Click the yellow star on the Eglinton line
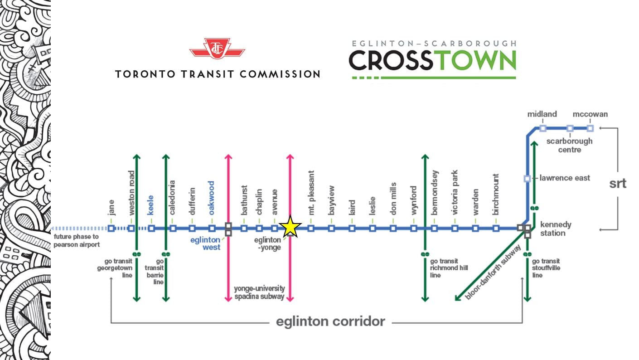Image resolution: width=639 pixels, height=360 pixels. point(290,227)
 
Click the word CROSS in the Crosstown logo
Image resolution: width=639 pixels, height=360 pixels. point(391,60)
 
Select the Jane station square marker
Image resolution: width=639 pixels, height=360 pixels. point(111,229)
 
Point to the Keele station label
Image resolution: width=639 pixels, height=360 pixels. point(150,205)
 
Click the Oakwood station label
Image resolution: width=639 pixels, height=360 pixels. point(211,198)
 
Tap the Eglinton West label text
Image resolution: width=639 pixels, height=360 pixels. point(205,243)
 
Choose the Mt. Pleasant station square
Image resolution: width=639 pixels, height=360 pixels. point(311,229)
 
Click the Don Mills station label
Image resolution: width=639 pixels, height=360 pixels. point(393,199)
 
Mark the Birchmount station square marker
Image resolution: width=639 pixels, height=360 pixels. point(496,229)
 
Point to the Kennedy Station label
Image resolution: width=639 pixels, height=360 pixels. point(556,229)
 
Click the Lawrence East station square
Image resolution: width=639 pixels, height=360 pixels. point(527,179)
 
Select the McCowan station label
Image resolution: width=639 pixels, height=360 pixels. point(590,114)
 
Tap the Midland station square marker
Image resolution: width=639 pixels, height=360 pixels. point(543,128)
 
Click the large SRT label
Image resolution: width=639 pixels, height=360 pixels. point(618,183)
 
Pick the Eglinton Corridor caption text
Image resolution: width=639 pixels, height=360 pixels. point(330,321)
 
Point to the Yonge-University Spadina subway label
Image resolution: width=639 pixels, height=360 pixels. point(259,292)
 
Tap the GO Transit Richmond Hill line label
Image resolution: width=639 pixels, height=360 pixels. point(449,268)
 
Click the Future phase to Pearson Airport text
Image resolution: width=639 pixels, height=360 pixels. point(77,241)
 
